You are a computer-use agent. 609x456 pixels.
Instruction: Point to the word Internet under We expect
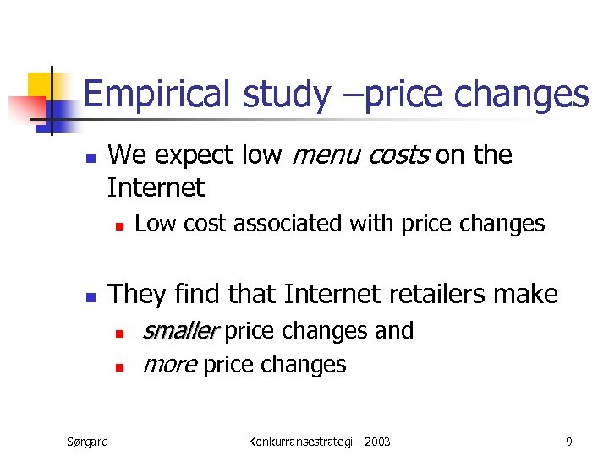pos(156,187)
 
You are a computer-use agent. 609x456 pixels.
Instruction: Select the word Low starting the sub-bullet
pos(151,224)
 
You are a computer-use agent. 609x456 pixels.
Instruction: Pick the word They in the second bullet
pos(138,294)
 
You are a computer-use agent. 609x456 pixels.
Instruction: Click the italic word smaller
pos(181,331)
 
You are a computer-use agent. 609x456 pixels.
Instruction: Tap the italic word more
pos(170,365)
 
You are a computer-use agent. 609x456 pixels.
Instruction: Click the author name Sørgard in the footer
pos(87,441)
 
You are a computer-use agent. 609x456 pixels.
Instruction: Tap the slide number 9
pos(569,441)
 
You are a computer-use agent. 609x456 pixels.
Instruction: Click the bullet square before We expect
pos(92,158)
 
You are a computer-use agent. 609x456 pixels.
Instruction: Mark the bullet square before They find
pos(92,296)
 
